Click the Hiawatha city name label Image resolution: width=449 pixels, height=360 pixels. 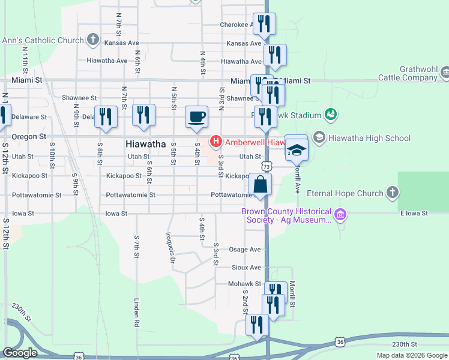pos(146,144)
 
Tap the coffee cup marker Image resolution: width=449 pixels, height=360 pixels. pos(196,116)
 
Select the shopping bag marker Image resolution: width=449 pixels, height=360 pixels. pos(261,184)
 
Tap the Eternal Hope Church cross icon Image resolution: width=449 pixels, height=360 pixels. pos(393,193)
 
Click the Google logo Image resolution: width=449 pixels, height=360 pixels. pos(20,353)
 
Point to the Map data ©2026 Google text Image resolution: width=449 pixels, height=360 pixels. pos(412,355)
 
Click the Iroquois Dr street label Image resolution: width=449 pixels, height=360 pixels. pos(172,248)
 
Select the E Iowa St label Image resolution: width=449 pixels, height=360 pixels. pos(412,213)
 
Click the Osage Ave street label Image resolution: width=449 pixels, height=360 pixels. pos(245,250)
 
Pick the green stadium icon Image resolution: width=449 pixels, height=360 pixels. pos(330,114)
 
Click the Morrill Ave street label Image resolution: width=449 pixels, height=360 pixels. pos(297,179)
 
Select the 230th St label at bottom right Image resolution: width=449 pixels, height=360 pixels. pos(404,344)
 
